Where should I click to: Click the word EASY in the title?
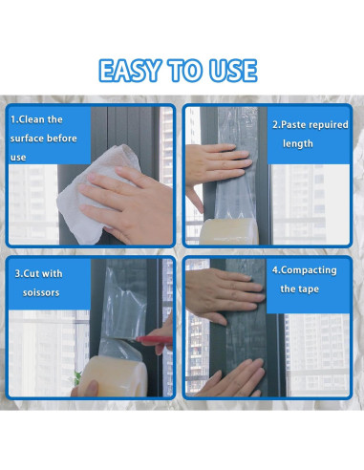click(130, 71)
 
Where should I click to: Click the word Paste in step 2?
click(294, 125)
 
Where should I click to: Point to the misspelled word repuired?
click(329, 125)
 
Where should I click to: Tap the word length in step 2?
click(298, 143)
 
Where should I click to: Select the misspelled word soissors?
click(41, 292)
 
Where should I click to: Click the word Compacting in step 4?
click(309, 270)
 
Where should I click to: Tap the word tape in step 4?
click(309, 289)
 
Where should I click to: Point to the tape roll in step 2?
click(229, 231)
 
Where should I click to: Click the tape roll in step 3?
click(113, 376)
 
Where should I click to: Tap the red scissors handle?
click(155, 340)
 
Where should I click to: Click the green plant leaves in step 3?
click(77, 378)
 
